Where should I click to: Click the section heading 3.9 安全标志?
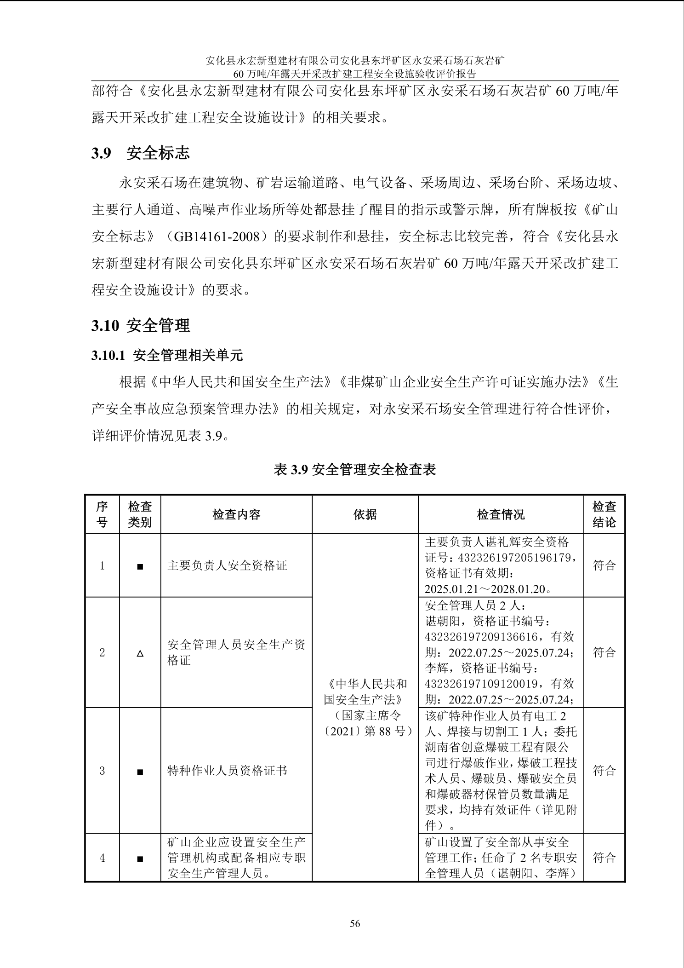[140, 153]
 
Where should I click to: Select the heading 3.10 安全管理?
[140, 326]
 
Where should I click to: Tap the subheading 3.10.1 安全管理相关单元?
[167, 355]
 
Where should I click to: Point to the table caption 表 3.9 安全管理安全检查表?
[354, 469]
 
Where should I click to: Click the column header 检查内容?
[236, 514]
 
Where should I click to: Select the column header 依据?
[365, 514]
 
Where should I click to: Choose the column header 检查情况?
[501, 514]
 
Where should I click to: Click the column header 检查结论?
[604, 514]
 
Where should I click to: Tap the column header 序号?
[102, 514]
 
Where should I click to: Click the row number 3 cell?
[102, 771]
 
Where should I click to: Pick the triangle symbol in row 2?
[140, 653]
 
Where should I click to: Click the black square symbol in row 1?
[140, 566]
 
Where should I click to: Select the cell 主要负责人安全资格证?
[227, 565]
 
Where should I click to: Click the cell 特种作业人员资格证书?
[227, 771]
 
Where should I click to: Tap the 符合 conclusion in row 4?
[604, 858]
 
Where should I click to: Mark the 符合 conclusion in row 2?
[604, 652]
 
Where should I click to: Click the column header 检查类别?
[140, 514]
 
